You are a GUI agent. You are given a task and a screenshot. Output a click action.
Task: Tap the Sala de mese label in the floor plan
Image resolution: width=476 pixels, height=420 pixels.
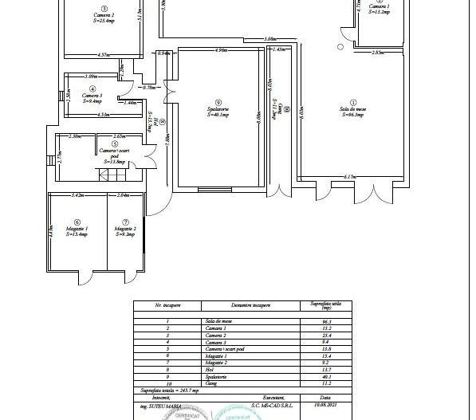pyautogui.click(x=352, y=111)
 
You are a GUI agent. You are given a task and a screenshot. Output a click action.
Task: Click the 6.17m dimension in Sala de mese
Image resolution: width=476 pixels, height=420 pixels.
pyautogui.click(x=349, y=176)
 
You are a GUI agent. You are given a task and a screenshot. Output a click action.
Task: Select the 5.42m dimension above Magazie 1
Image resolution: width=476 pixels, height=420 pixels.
pyautogui.click(x=78, y=194)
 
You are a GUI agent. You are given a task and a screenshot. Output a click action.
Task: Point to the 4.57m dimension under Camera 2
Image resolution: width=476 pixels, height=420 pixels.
pyautogui.click(x=103, y=55)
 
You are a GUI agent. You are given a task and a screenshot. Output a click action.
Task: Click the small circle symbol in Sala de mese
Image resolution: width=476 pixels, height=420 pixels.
pyautogui.click(x=340, y=46)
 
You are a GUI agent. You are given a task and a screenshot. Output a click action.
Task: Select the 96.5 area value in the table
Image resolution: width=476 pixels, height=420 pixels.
pyautogui.click(x=325, y=321)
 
